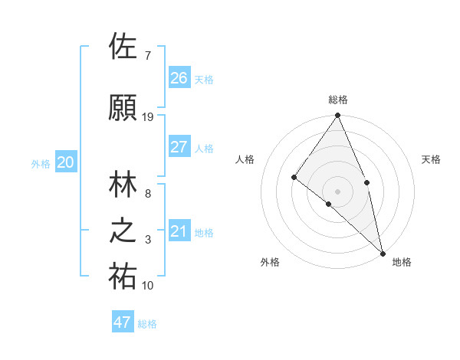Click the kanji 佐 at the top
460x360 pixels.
click(123, 47)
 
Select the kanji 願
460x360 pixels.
click(123, 108)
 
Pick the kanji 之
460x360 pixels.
click(123, 231)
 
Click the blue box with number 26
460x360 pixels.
click(179, 77)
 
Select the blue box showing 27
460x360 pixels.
click(179, 147)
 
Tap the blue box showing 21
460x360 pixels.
click(179, 231)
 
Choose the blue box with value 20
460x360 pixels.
click(66, 162)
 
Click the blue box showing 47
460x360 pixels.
click(123, 322)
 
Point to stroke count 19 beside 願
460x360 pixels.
click(148, 117)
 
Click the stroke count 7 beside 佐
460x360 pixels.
click(148, 56)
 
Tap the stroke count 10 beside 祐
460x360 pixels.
click(148, 286)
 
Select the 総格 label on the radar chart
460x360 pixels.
click(338, 100)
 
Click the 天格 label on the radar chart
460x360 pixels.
click(432, 159)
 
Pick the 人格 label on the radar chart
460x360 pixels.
click(245, 159)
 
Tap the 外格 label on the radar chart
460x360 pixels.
click(270, 262)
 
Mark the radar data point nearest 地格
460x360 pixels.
click(383, 252)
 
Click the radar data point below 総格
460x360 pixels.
click(338, 116)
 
